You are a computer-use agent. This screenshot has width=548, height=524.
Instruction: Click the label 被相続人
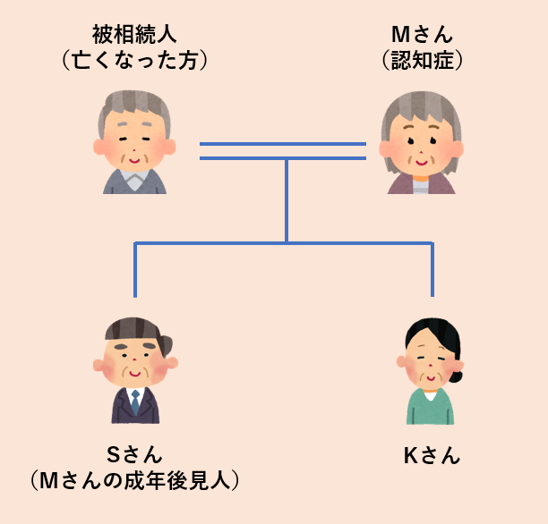(x=135, y=35)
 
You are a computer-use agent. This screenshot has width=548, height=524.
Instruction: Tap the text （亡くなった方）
(x=135, y=61)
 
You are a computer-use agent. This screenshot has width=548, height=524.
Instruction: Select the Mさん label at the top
(x=422, y=35)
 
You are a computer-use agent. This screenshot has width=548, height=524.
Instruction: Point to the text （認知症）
(x=422, y=61)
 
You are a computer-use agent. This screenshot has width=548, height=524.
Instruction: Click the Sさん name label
(x=135, y=454)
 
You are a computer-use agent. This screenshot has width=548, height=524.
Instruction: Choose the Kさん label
(x=432, y=455)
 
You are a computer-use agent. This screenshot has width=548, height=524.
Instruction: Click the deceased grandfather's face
(x=134, y=143)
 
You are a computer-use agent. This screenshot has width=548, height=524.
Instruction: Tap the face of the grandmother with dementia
(x=421, y=143)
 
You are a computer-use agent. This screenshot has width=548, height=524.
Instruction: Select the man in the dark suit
(x=135, y=407)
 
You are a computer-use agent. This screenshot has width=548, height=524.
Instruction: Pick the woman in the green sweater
(x=431, y=407)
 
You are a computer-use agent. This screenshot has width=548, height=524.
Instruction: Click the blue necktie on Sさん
(x=135, y=402)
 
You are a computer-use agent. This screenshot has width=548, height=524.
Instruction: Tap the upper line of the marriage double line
(x=283, y=143)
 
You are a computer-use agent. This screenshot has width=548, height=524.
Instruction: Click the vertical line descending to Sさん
(x=135, y=268)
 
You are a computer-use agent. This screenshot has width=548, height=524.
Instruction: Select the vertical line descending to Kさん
(x=432, y=268)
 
